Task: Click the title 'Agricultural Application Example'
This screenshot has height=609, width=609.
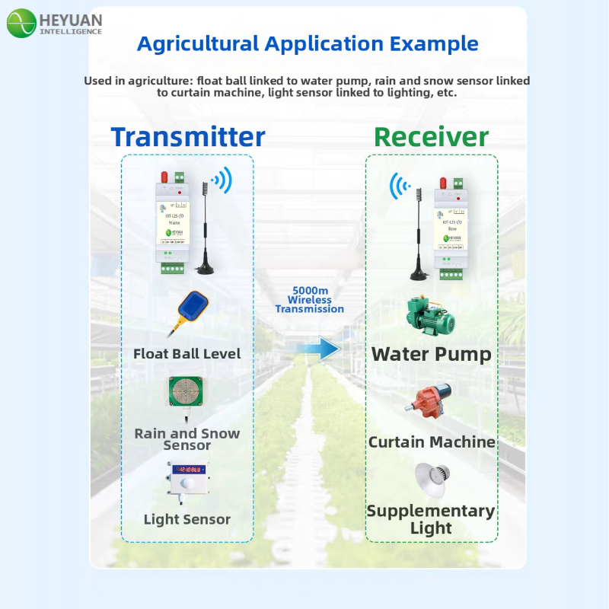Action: point(308,43)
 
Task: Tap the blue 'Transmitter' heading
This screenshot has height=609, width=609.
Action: point(188,137)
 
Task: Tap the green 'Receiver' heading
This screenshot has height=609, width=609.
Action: point(431,137)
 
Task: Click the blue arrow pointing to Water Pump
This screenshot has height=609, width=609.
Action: point(318,349)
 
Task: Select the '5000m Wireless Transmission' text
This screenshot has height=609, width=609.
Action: point(309,300)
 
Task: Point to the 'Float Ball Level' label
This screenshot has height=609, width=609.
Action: point(187,354)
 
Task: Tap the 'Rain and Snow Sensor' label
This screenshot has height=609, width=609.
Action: point(187,439)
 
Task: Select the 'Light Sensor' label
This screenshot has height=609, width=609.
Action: point(187,520)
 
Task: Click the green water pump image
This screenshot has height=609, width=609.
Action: point(429,318)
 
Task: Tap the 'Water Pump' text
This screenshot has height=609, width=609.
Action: point(431,355)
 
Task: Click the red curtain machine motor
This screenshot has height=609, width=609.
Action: point(429,401)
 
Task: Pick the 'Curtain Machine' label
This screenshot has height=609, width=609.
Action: point(432,442)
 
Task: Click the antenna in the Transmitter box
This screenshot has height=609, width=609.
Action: point(206,228)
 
